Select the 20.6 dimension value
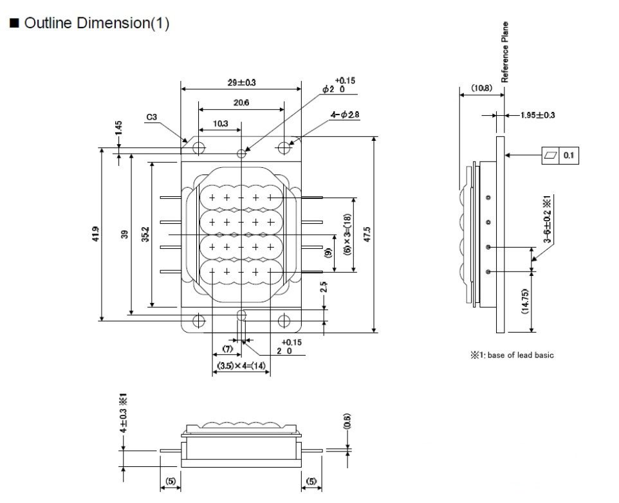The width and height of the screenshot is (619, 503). tap(241, 103)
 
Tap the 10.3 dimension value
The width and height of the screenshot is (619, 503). tap(219, 123)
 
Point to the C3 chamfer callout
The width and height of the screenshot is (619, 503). tap(152, 117)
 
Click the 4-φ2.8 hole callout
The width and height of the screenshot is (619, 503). tap(345, 114)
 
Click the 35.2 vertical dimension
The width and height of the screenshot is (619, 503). tap(145, 235)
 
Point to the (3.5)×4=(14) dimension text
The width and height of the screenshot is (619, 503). tap(241, 365)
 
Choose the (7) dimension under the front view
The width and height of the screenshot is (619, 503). tap(227, 349)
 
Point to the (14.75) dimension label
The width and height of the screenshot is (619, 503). tap(526, 301)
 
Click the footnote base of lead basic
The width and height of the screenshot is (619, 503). tap(512, 355)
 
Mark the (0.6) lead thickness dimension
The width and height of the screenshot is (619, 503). tap(347, 421)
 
